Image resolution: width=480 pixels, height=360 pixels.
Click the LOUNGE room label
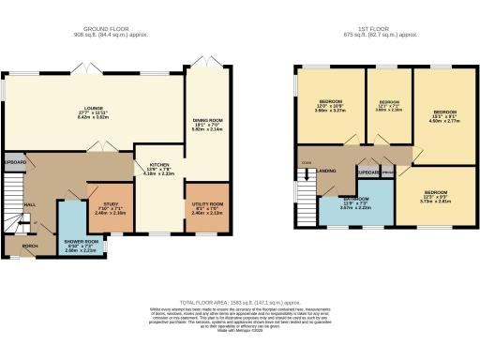coord(84,110)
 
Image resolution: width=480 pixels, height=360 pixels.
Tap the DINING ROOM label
coord(204,121)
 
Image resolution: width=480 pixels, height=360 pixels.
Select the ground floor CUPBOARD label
coord(14,161)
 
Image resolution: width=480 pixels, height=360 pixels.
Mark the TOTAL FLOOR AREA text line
coord(240,303)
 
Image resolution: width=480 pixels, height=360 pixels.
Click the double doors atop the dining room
coord(204,63)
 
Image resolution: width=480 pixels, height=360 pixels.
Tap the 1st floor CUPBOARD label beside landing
coord(367,172)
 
